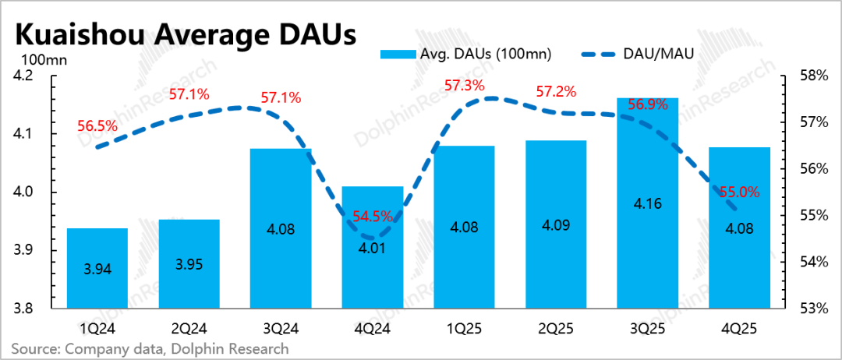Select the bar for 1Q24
pyautogui.click(x=97, y=268)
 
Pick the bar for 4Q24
pyautogui.click(x=373, y=247)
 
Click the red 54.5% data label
pyautogui.click(x=372, y=217)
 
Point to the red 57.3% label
pyautogui.click(x=465, y=85)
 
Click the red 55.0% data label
pyautogui.click(x=740, y=192)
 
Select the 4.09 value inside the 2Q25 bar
pyautogui.click(x=557, y=224)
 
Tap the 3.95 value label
pyautogui.click(x=189, y=264)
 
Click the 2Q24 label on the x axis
pyautogui.click(x=190, y=326)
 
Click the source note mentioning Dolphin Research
pyautogui.click(x=150, y=349)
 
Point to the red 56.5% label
pyautogui.click(x=97, y=126)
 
